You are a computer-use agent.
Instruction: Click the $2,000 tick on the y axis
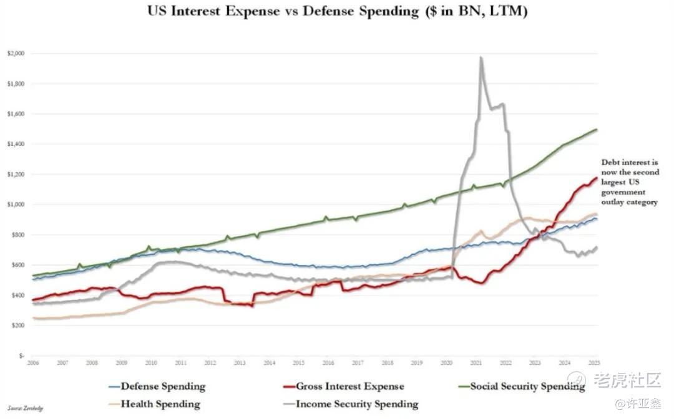pyautogui.click(x=16, y=54)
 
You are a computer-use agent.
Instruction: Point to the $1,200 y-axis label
pyautogui.click(x=16, y=175)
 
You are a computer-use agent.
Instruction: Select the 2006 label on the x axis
pyautogui.click(x=33, y=362)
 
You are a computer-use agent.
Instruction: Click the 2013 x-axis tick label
pyautogui.click(x=240, y=362)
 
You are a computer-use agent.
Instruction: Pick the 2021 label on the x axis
pyautogui.click(x=476, y=362)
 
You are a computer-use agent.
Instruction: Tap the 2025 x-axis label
pyautogui.click(x=594, y=362)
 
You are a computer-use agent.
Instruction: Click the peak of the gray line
pyautogui.click(x=481, y=57)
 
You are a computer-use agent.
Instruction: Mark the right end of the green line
pyautogui.click(x=597, y=130)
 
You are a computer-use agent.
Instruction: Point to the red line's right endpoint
pyautogui.click(x=597, y=178)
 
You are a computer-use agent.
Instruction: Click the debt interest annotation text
pyautogui.click(x=630, y=181)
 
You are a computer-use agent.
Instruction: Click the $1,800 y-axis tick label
pyautogui.click(x=16, y=84)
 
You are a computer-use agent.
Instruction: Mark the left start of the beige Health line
pyautogui.click(x=34, y=318)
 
